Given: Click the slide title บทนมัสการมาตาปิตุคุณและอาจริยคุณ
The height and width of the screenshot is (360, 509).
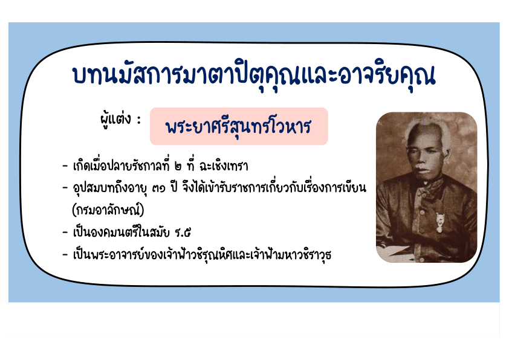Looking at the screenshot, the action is point(253,76).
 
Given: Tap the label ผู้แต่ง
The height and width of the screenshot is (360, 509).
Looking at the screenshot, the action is point(115,120).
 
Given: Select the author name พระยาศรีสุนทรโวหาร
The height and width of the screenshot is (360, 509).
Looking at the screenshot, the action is point(239,126).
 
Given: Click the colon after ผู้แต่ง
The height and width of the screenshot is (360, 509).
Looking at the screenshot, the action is point(139,120).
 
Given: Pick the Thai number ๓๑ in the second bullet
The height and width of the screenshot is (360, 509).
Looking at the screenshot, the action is point(159,188).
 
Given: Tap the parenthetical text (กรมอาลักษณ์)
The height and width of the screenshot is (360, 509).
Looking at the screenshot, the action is point(108,210).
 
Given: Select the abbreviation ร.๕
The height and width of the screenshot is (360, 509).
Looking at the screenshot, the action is point(183,233).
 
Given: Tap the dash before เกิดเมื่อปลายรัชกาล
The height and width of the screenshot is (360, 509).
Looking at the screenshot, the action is point(65,167).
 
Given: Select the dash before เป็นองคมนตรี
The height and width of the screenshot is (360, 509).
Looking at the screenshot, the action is point(65,233).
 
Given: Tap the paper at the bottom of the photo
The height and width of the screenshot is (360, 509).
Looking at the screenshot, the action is point(394,254).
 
